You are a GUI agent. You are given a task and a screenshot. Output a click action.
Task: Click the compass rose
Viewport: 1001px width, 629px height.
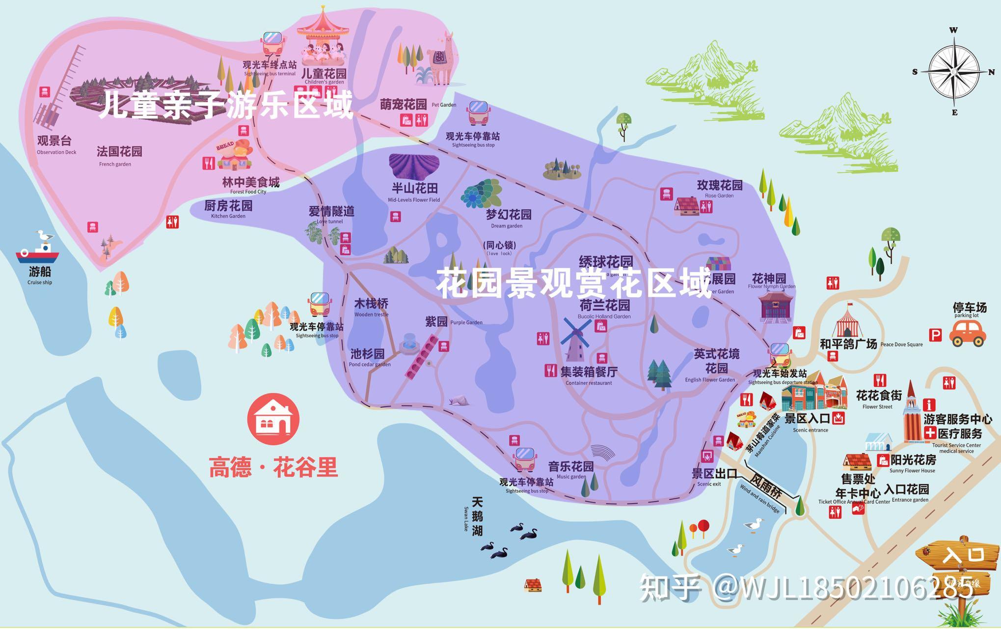[x=954, y=71]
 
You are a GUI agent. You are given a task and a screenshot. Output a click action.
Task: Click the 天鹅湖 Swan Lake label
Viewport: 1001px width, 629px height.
[x=477, y=516]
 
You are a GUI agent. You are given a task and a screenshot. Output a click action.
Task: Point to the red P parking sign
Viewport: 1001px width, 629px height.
[x=936, y=335]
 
